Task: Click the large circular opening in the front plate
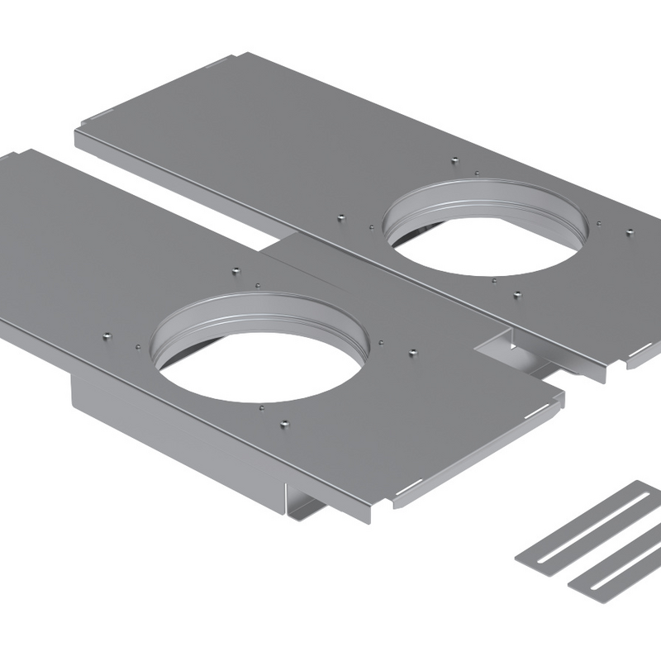pos(260,364)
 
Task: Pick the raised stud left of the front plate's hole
pos(106,336)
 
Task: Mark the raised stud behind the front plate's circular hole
pos(235,271)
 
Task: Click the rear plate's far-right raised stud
pos(630,232)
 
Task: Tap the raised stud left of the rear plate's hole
pos(341,217)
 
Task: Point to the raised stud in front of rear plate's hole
pos(516,293)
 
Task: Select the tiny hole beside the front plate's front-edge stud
pos(261,407)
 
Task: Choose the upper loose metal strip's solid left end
pos(530,554)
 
